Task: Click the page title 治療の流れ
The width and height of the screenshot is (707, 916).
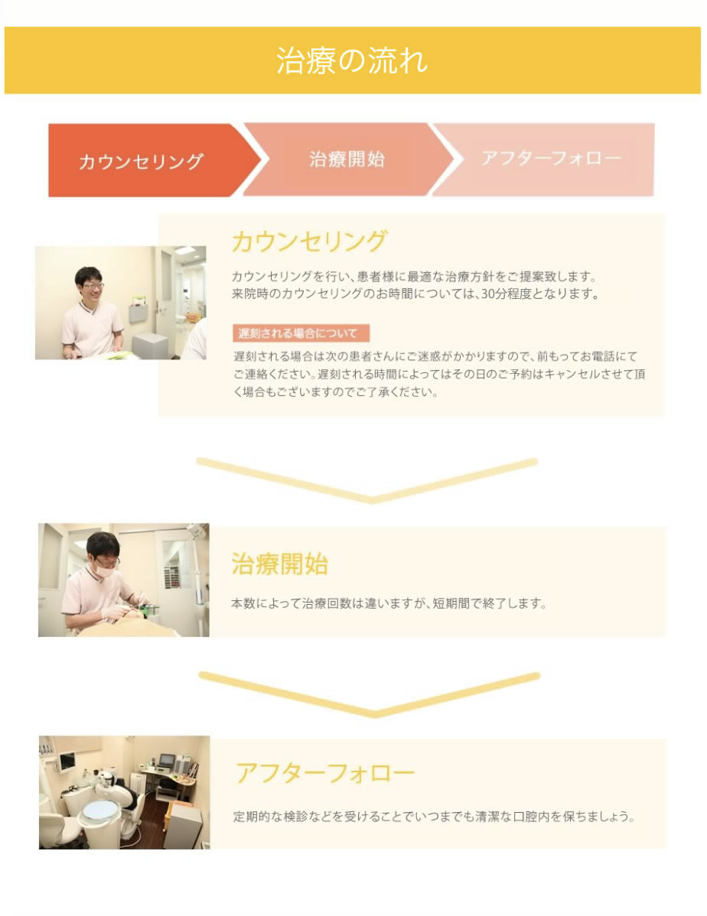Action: pyautogui.click(x=352, y=60)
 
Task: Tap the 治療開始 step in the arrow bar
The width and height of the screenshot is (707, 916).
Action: pyautogui.click(x=347, y=159)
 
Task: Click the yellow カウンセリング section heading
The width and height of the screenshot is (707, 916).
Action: pyautogui.click(x=309, y=242)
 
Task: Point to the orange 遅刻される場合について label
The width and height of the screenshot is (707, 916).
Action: pyautogui.click(x=301, y=333)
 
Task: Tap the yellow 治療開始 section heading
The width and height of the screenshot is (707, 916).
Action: pyautogui.click(x=279, y=564)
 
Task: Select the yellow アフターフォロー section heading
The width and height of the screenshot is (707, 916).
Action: pyautogui.click(x=324, y=773)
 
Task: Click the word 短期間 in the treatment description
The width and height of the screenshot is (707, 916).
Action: pyautogui.click(x=451, y=603)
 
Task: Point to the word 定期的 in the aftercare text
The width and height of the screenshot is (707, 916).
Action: pyautogui.click(x=252, y=816)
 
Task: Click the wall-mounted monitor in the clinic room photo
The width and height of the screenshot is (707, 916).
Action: pyautogui.click(x=67, y=762)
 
